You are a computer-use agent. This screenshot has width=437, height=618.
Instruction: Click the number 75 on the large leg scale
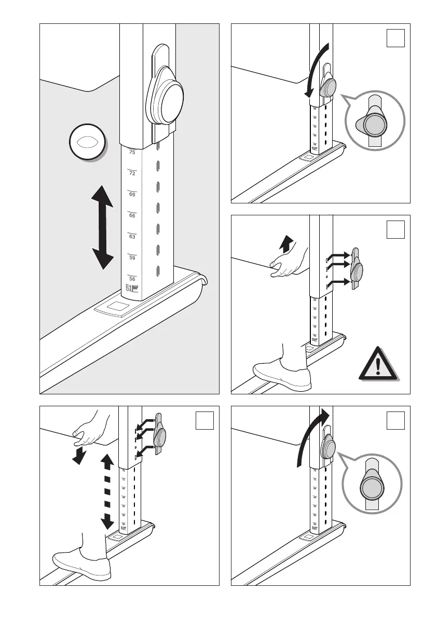132,153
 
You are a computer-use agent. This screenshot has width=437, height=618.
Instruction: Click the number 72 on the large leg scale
132,173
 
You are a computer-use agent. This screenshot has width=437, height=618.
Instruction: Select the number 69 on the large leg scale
132,195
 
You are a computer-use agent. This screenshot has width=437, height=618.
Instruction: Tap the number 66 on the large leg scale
132,215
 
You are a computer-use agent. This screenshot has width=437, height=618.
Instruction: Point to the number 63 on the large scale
132,237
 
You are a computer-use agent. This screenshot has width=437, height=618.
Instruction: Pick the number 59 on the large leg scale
132,257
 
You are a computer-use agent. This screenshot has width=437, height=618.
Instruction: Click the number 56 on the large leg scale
132,279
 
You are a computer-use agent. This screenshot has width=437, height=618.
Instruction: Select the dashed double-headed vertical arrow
107,490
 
